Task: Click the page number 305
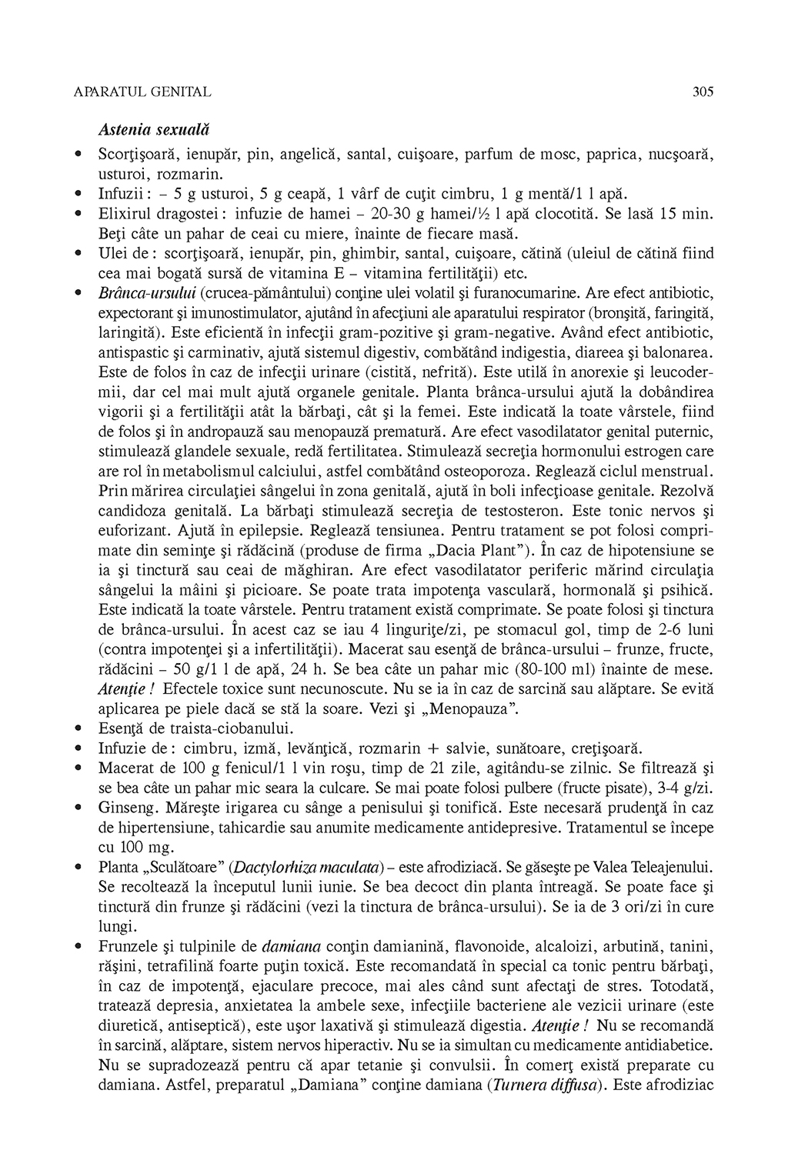703,92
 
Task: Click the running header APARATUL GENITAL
142,92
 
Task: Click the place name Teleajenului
668,866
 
